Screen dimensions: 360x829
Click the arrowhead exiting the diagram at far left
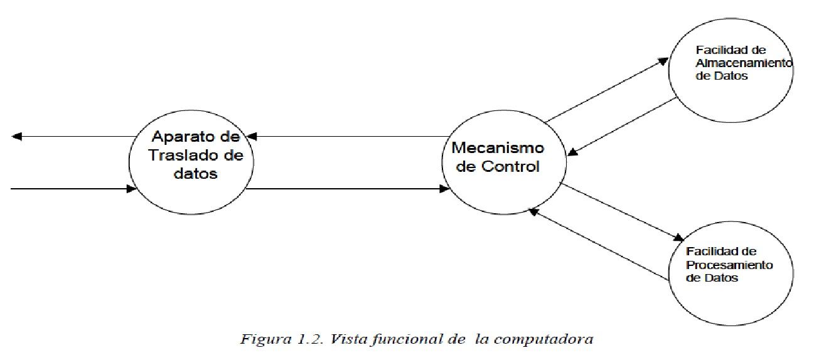(x=17, y=136)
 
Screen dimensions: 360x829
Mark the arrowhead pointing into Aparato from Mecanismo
(x=250, y=136)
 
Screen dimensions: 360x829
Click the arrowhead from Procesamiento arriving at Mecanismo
(x=533, y=212)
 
